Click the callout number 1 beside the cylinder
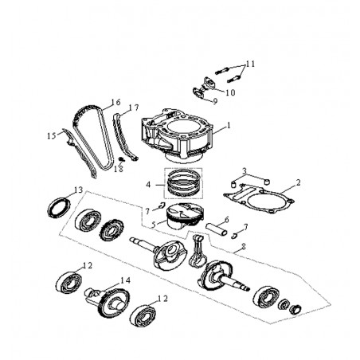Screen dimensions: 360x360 (229, 125)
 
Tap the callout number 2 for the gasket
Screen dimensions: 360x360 (299, 182)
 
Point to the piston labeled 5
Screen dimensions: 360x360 (184, 217)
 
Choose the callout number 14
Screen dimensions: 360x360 (125, 280)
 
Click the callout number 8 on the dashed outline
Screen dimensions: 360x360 (243, 247)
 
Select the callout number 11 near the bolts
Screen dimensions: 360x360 (250, 64)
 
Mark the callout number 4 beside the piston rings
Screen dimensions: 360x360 (148, 185)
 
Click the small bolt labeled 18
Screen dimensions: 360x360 (121, 159)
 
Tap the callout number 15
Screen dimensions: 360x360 (52, 136)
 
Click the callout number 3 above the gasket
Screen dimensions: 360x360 (245, 170)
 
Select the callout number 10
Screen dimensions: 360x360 (230, 92)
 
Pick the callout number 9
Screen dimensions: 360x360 (215, 101)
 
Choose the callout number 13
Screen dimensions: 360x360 (78, 190)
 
